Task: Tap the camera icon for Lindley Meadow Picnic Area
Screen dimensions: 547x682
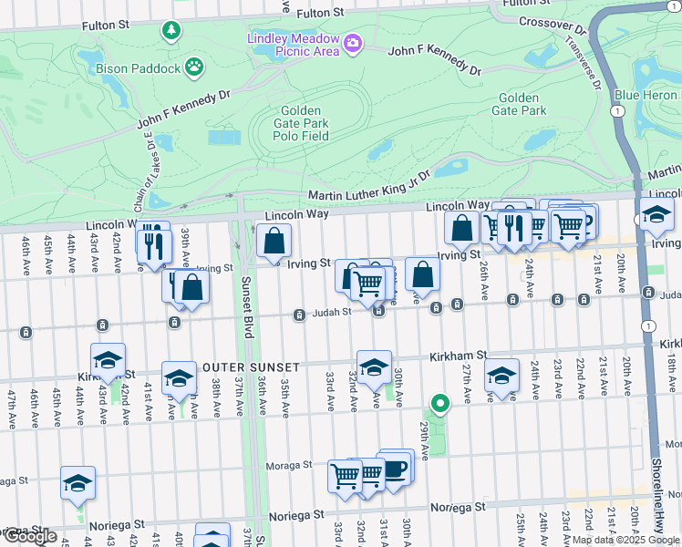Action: point(353,43)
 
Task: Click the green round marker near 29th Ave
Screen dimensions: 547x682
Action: point(439,403)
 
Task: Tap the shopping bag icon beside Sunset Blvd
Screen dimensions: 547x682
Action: point(274,242)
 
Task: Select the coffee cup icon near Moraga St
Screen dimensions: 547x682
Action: point(396,469)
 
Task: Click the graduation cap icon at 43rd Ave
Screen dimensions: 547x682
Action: point(108,361)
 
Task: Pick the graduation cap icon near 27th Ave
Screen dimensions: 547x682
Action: point(501,376)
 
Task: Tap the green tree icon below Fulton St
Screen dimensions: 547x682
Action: point(170,32)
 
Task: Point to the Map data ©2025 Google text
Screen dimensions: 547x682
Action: point(625,540)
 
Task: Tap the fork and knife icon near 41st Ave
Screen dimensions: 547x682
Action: point(153,244)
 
